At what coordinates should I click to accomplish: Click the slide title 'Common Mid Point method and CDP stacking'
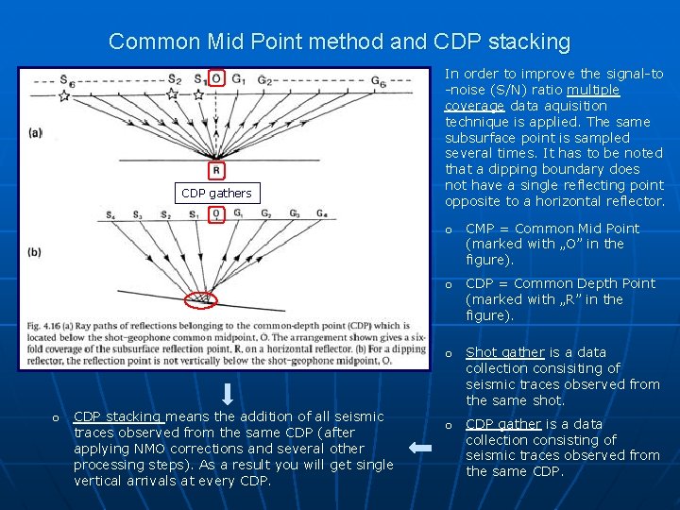click(x=339, y=42)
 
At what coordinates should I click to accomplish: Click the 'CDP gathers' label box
click(x=217, y=193)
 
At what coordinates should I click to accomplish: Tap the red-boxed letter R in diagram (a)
click(x=216, y=171)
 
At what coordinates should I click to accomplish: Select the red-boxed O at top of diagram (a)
click(x=216, y=77)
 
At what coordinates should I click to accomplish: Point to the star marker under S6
click(x=64, y=96)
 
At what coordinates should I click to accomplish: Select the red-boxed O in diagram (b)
click(x=217, y=214)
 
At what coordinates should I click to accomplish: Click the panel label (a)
click(x=36, y=133)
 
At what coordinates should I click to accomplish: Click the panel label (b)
click(x=36, y=252)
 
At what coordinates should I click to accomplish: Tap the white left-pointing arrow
click(x=421, y=450)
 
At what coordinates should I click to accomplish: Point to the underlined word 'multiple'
click(x=593, y=90)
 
